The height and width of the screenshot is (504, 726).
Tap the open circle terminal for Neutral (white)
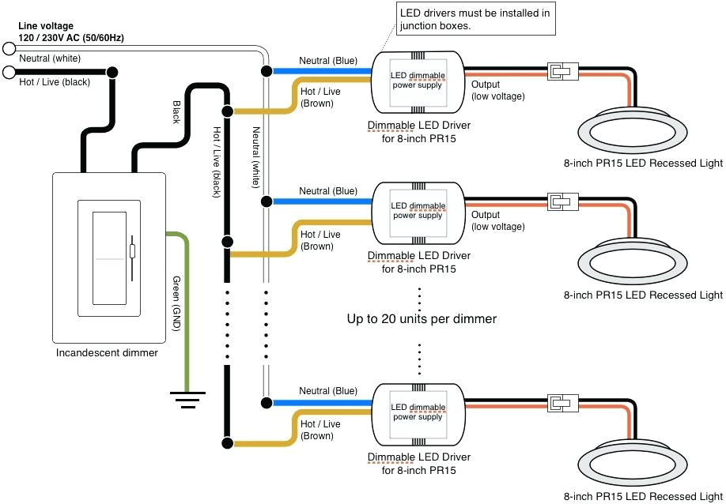[9, 48]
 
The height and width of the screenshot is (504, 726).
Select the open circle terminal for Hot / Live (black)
[9, 73]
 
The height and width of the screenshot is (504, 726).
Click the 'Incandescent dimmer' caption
[107, 352]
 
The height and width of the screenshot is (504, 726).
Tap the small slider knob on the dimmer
[132, 252]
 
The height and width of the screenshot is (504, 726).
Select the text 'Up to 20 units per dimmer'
[422, 319]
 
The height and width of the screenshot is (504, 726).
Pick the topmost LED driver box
[418, 81]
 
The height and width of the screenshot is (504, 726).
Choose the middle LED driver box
[418, 212]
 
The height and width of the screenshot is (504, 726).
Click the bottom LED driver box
[418, 412]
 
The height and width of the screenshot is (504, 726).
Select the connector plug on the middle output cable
[563, 202]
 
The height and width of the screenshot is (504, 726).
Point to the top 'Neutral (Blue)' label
[327, 60]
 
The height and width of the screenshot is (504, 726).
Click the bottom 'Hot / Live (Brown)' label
[321, 430]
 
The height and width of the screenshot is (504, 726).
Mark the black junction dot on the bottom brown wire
[227, 442]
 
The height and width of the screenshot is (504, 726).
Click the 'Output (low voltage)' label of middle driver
[497, 220]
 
